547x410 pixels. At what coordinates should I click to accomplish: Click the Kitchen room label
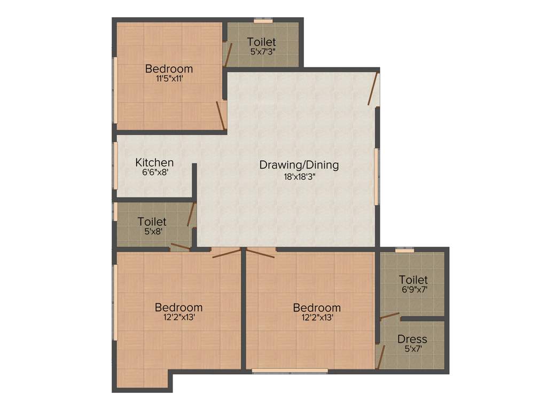pyautogui.click(x=154, y=162)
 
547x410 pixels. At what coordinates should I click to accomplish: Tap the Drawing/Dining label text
pyautogui.click(x=299, y=164)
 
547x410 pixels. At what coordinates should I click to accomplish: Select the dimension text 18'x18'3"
pyautogui.click(x=299, y=177)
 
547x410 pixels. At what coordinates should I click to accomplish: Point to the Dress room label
pyautogui.click(x=412, y=339)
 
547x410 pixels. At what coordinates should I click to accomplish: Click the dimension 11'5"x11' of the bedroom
pyautogui.click(x=169, y=78)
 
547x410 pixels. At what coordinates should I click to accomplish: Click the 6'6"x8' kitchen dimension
pyautogui.click(x=154, y=172)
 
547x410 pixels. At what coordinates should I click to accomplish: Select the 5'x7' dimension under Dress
pyautogui.click(x=412, y=349)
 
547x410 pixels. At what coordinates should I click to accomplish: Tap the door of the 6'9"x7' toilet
pyautogui.click(x=389, y=316)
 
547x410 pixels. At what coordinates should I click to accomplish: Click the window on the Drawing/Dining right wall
pyautogui.click(x=377, y=176)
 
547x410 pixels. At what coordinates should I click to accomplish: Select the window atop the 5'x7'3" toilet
pyautogui.click(x=262, y=21)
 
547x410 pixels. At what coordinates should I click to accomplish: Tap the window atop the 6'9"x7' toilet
pyautogui.click(x=404, y=249)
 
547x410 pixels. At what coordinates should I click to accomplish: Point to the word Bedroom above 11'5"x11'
pyautogui.click(x=169, y=69)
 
